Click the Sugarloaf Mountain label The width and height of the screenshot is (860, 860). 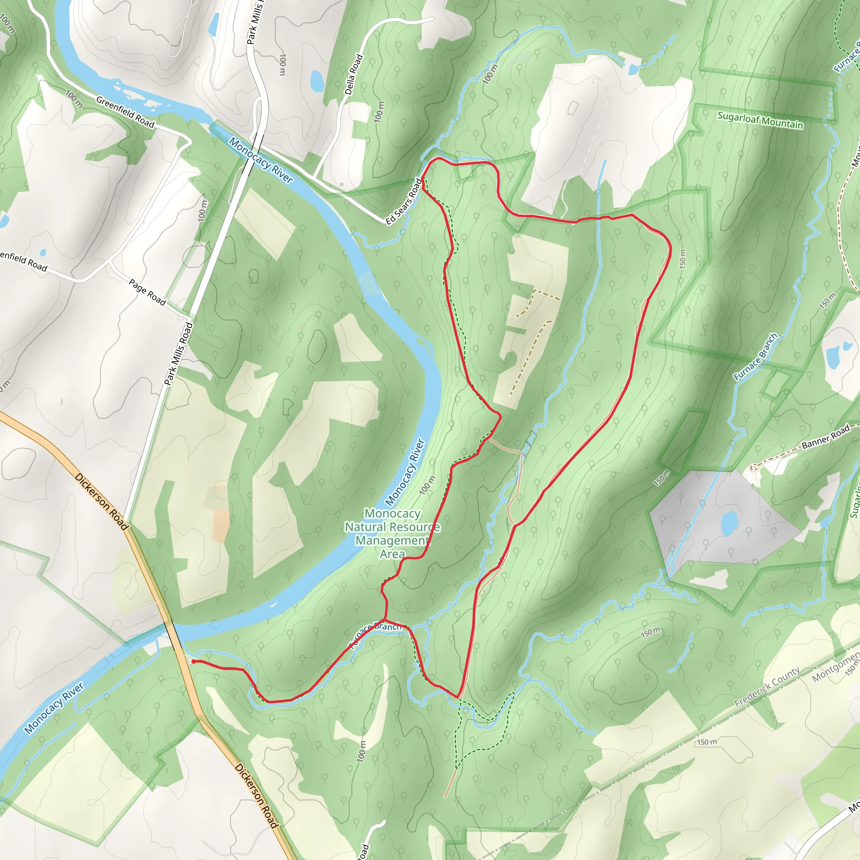760,120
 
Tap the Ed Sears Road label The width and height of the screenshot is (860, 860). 403,202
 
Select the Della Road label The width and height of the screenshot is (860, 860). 354,74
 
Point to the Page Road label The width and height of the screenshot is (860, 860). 147,292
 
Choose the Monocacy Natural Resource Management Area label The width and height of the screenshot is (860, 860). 392,534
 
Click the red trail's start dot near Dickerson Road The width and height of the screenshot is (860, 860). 193,662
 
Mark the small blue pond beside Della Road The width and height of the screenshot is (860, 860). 317,80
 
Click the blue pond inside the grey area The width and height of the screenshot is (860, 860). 728,524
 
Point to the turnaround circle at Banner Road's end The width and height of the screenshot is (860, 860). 753,467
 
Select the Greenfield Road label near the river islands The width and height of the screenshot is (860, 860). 125,112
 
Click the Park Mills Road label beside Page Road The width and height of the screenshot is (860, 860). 178,354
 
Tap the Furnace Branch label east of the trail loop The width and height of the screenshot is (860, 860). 755,357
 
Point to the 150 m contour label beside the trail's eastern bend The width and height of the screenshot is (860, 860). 683,258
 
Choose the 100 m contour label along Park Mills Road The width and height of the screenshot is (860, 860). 203,210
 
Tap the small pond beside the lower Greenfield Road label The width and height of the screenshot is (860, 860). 42,252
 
